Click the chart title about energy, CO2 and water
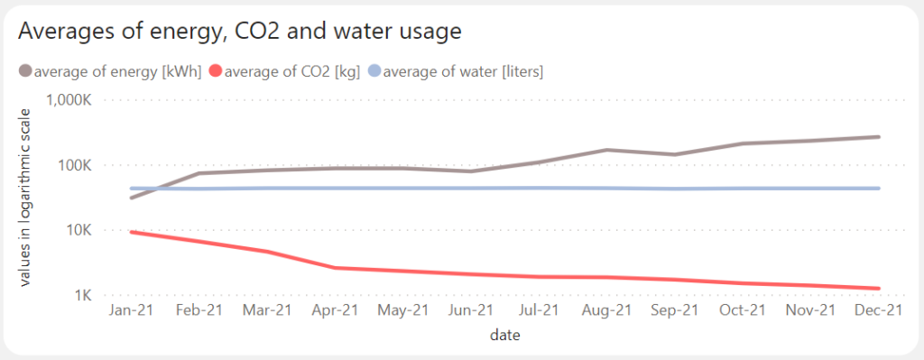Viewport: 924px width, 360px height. [x=240, y=32]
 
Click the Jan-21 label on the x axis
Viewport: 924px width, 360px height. [x=132, y=310]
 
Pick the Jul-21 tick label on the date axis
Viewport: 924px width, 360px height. [x=538, y=310]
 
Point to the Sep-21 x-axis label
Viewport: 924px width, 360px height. [x=672, y=310]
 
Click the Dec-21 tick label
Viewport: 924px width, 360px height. [x=878, y=310]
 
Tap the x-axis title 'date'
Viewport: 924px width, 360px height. [x=504, y=336]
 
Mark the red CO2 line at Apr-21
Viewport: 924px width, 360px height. [x=335, y=268]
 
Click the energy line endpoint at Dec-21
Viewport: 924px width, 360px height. [x=878, y=137]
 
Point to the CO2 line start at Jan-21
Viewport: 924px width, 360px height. [x=132, y=232]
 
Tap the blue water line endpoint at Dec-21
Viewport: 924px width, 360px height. [x=878, y=189]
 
